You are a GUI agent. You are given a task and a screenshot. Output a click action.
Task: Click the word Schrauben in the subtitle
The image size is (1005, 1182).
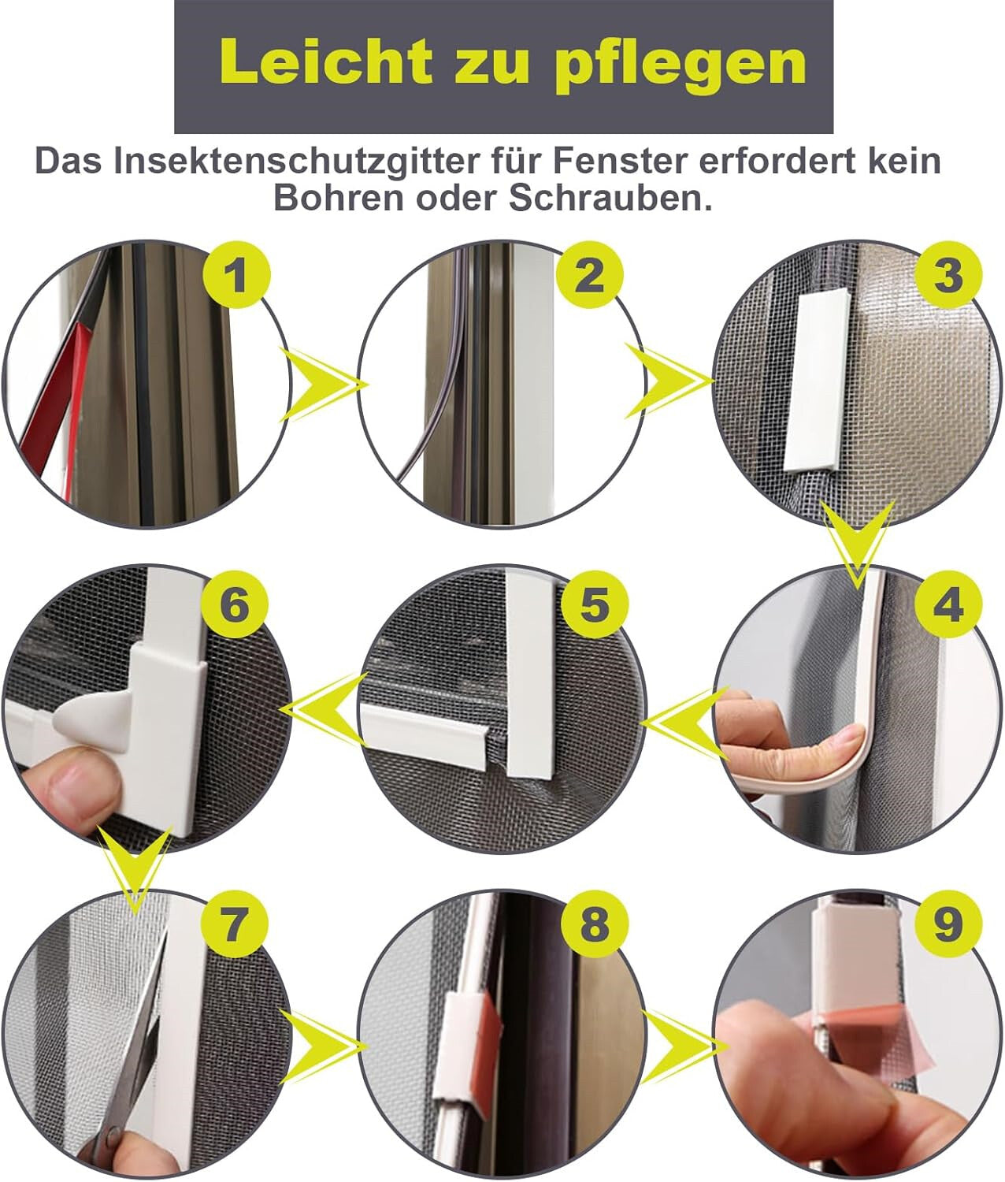point(604,198)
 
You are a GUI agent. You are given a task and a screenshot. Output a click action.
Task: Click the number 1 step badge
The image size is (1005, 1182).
point(236,276)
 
